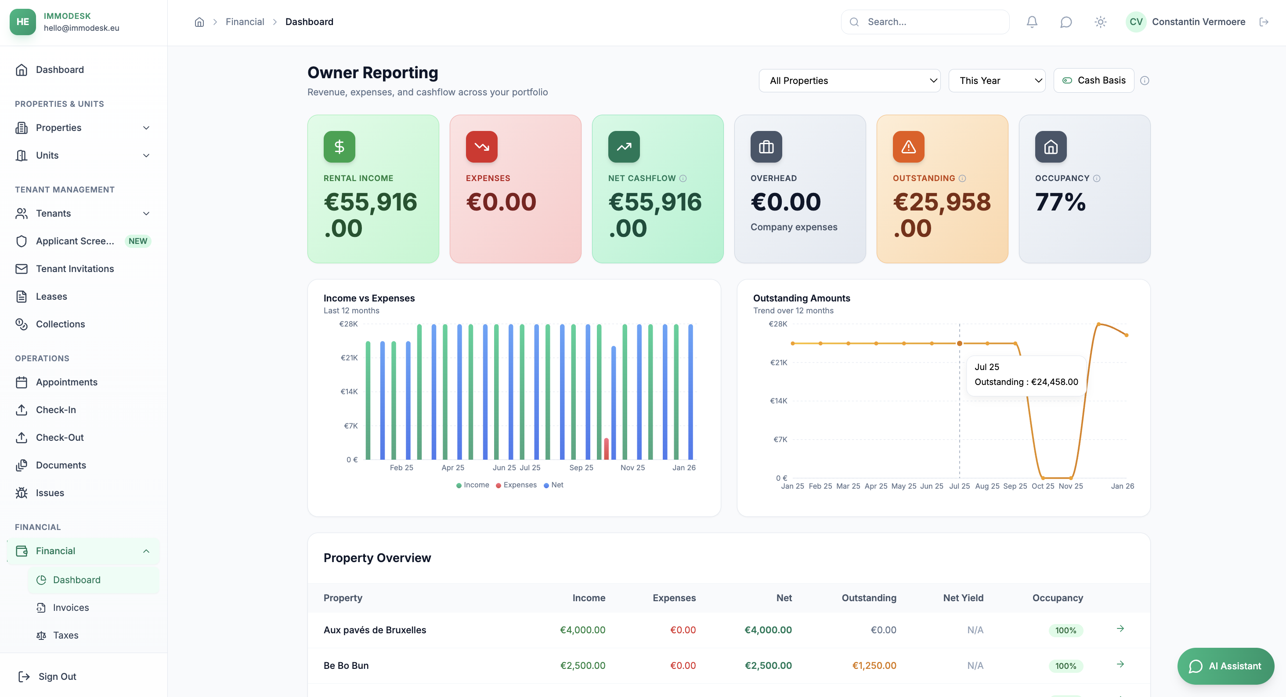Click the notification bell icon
[1032, 22]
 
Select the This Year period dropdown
[997, 80]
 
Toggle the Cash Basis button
[1093, 80]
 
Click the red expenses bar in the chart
[606, 448]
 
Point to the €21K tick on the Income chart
[349, 358]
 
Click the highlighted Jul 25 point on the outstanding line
[959, 343]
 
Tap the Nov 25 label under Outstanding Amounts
[1070, 486]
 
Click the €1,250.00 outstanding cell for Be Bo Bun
[874, 665]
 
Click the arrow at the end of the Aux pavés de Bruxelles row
[1120, 628]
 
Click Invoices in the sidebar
[71, 607]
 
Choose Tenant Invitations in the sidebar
[75, 269]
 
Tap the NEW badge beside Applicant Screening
[137, 241]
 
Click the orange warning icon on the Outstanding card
[908, 147]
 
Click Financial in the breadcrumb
[245, 22]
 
